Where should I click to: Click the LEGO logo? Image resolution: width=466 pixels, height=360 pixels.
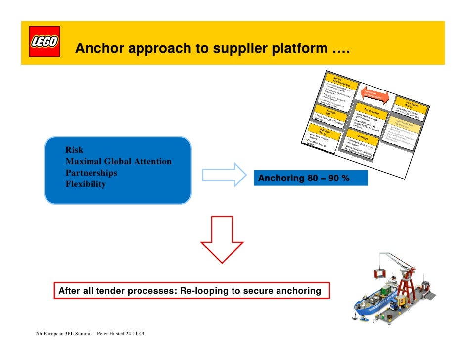[45, 43]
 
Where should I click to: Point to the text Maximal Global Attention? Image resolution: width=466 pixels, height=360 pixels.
[119, 161]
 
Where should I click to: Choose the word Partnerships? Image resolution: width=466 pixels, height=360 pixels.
[92, 173]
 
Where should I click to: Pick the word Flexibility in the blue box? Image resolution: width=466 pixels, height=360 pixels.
[86, 184]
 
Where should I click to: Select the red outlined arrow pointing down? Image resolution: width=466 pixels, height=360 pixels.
[222, 239]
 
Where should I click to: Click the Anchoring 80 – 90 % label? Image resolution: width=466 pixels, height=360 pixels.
[304, 178]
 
